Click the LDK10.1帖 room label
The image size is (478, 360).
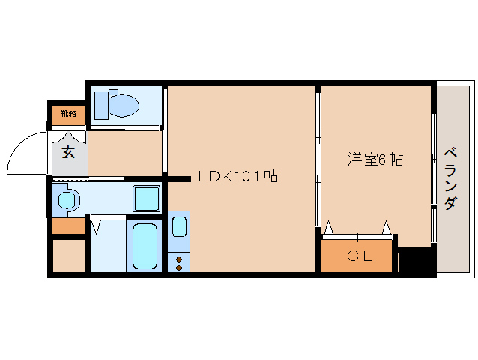(x=238, y=177)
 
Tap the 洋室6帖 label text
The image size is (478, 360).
(x=375, y=159)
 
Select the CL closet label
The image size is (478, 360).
(x=359, y=256)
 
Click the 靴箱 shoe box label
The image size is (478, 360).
(x=68, y=114)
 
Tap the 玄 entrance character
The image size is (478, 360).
(x=68, y=152)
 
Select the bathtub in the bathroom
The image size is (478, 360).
(x=144, y=247)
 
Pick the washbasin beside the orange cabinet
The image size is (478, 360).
(x=68, y=200)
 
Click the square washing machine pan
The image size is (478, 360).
(x=147, y=199)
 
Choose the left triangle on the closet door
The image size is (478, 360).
(x=329, y=227)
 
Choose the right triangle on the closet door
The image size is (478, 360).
(x=387, y=227)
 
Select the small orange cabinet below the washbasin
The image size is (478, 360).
(x=68, y=226)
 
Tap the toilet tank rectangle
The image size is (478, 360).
(x=101, y=103)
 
